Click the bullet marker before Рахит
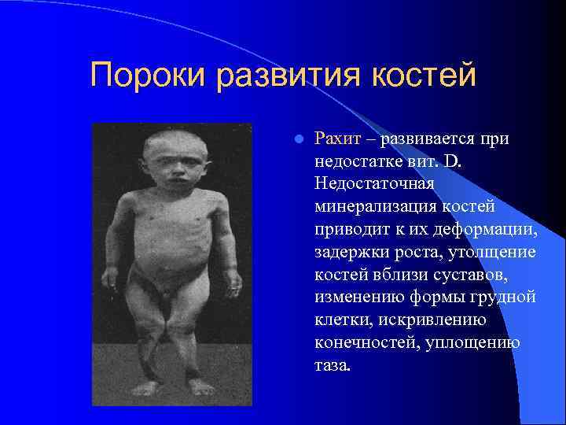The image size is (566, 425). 297,140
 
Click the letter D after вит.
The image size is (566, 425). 438,161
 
